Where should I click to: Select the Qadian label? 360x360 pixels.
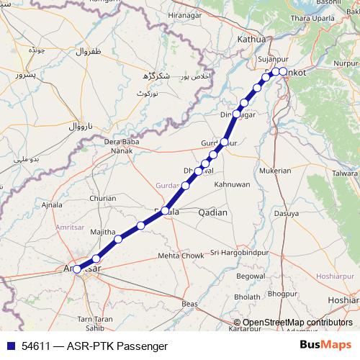(212, 212)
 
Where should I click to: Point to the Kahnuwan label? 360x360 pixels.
(231, 184)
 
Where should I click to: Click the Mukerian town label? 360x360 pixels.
(276, 171)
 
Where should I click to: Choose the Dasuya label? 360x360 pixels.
(286, 213)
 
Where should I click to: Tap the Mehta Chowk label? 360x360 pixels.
(181, 256)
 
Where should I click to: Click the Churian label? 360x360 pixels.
(102, 198)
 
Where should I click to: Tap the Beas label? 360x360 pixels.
(190, 305)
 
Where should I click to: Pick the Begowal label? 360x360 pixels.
(251, 276)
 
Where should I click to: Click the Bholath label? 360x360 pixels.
(247, 297)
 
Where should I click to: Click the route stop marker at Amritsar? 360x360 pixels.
(78, 269)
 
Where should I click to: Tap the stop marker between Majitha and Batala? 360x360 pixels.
(140, 226)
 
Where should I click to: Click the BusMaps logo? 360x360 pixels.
(325, 346)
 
